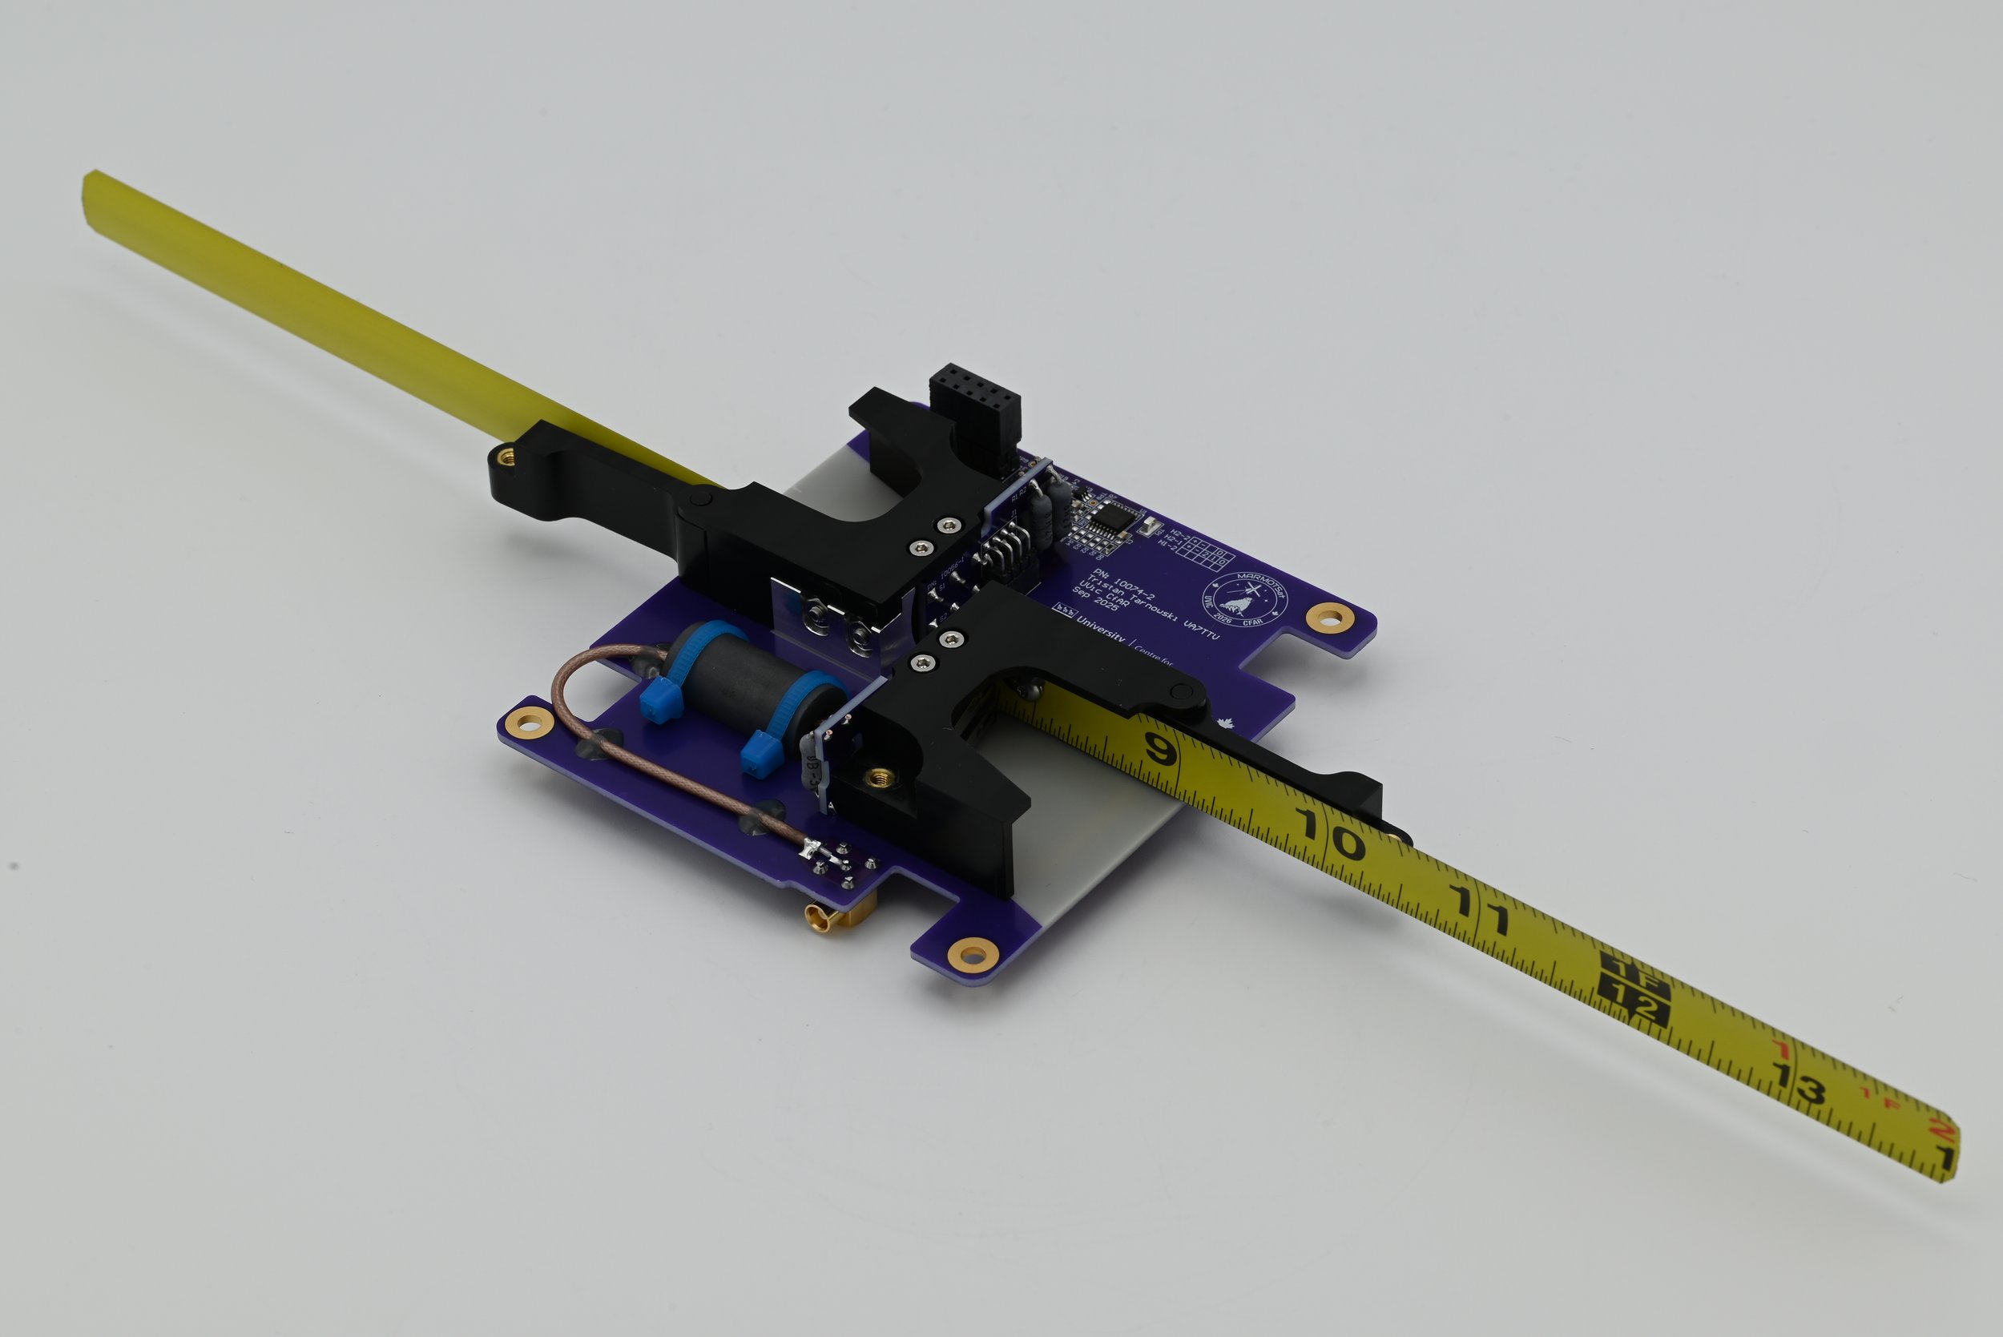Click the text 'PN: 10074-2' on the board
pos(1124,584)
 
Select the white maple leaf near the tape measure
pos(1226,725)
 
